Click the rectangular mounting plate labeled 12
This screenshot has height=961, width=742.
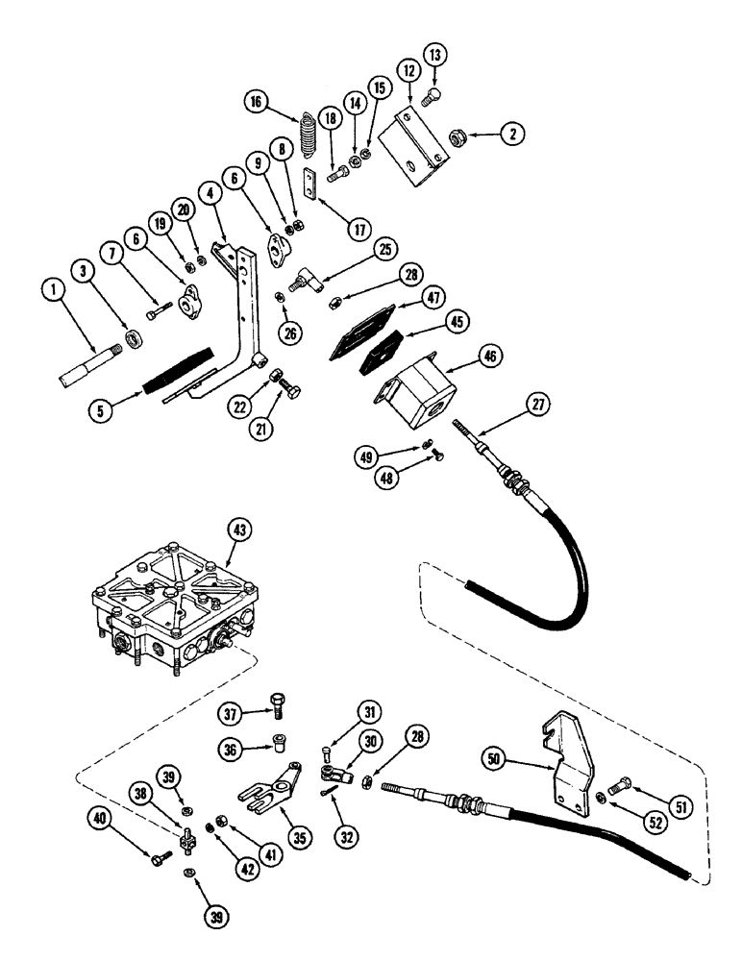[415, 145]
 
